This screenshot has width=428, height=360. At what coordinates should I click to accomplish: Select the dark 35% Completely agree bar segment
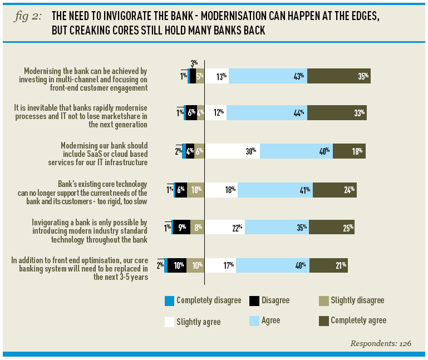coord(339,76)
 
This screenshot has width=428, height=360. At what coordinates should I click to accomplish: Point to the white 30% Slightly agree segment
coord(233,151)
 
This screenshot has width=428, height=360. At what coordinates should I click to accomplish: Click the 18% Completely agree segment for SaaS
coord(349,151)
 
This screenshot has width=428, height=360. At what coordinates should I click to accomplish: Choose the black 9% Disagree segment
coord(181,227)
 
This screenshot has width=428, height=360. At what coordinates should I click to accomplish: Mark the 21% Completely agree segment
coord(328,265)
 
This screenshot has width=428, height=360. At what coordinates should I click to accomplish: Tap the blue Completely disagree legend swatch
coord(169,301)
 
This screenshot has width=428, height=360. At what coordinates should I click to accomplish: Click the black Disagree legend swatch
coord(254,301)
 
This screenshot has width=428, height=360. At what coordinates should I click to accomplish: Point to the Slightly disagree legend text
coord(357,300)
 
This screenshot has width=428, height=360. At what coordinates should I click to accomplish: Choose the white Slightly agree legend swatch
coord(169,321)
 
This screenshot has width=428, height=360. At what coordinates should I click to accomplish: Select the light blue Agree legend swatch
coord(254,321)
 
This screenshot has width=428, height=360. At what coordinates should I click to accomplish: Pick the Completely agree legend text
coord(358,320)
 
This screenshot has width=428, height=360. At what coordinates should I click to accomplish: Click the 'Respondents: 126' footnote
coord(380,343)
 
